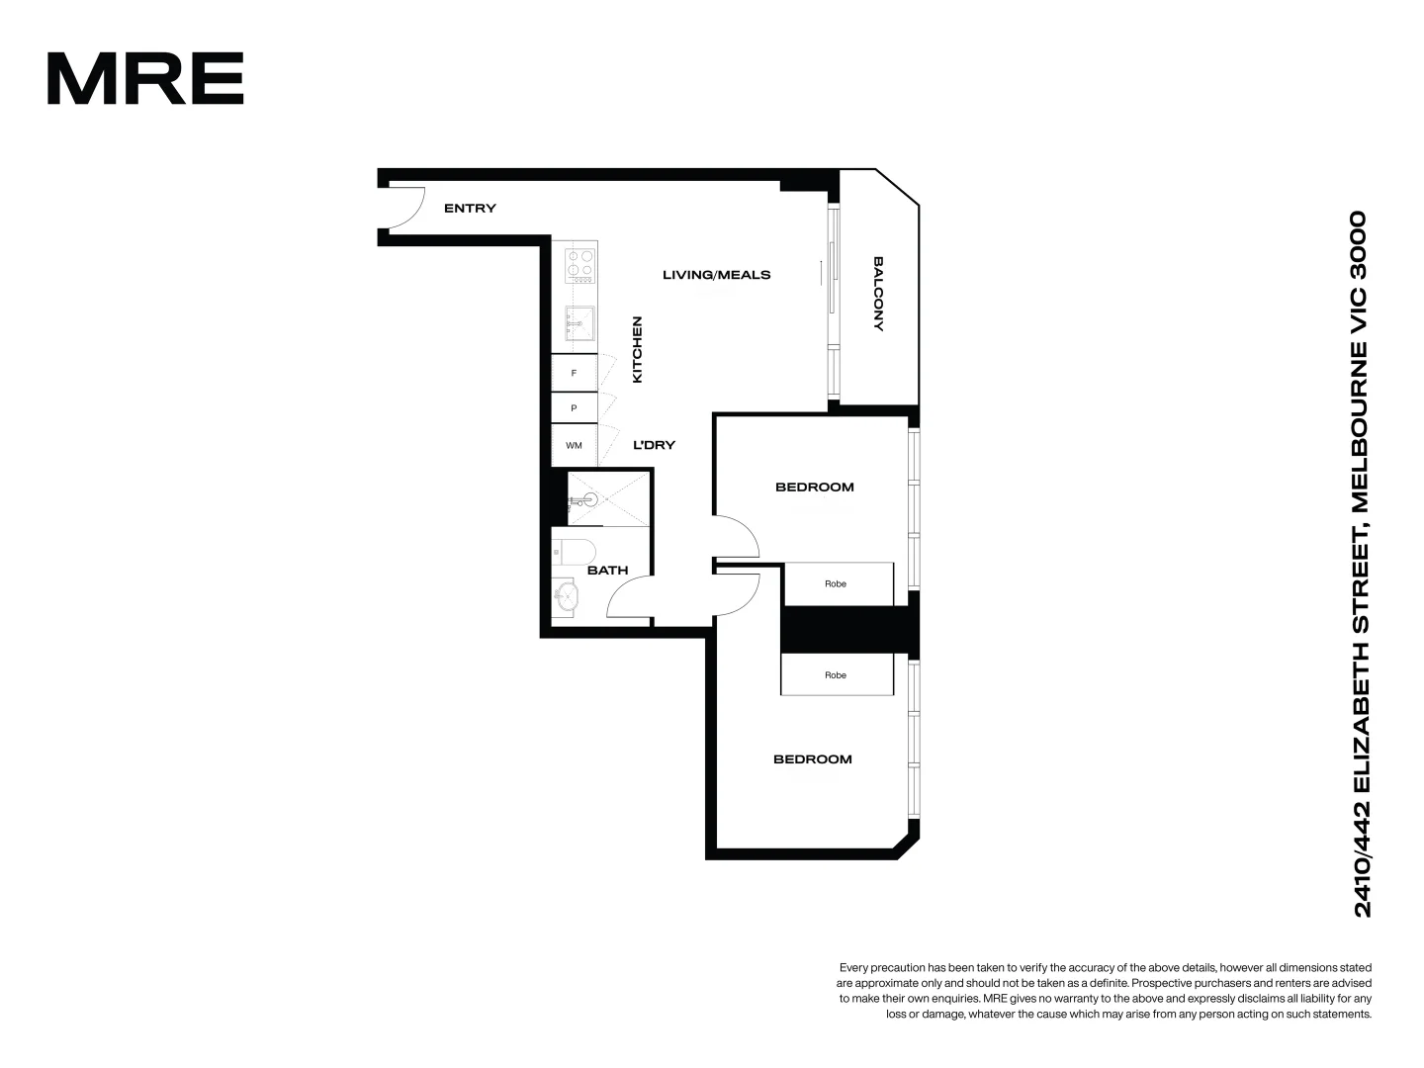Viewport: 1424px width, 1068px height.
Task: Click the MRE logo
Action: [144, 78]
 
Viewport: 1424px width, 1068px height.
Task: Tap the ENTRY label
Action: [470, 209]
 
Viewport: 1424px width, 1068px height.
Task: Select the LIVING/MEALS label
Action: [716, 275]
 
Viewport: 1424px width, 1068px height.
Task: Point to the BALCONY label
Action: [878, 294]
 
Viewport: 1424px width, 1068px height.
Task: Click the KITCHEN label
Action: [638, 349]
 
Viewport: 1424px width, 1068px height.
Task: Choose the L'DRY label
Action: [654, 445]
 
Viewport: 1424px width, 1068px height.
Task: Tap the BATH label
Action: [607, 571]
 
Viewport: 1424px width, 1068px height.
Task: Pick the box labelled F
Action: [574, 373]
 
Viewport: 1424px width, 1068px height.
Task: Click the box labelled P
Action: [574, 407]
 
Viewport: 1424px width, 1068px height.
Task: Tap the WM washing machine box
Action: [574, 445]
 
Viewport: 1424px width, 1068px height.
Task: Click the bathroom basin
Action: [567, 595]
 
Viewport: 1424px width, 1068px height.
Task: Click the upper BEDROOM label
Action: [814, 487]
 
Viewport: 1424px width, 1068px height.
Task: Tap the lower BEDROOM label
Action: [812, 759]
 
